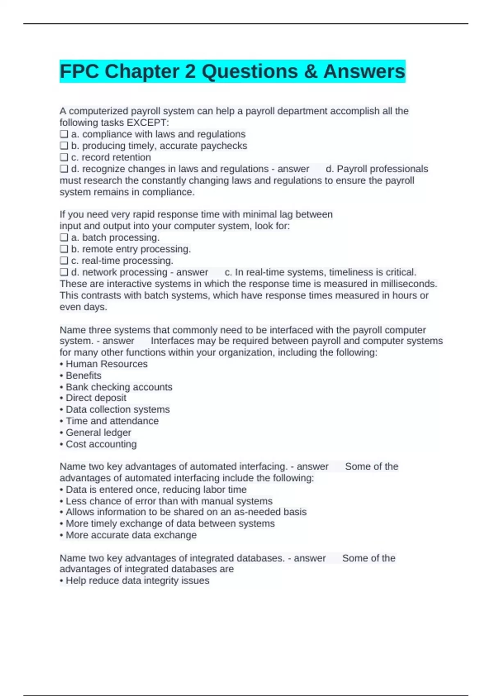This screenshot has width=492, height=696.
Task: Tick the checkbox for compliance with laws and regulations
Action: point(64,134)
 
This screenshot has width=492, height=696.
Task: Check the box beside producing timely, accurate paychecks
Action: point(64,146)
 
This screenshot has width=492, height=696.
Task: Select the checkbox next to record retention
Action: point(64,157)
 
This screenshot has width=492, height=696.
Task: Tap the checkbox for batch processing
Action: point(64,237)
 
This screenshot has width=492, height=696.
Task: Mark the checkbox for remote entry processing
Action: point(64,249)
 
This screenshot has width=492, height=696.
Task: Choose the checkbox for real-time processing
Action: point(64,260)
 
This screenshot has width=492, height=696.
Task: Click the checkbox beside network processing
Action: point(64,272)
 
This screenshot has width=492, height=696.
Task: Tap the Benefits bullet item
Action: point(84,375)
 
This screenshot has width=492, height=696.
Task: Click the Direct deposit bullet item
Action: point(96,398)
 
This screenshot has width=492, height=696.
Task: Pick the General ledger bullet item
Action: point(98,432)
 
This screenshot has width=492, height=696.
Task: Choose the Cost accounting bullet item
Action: point(101,444)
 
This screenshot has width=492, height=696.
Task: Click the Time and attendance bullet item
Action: point(112,421)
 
